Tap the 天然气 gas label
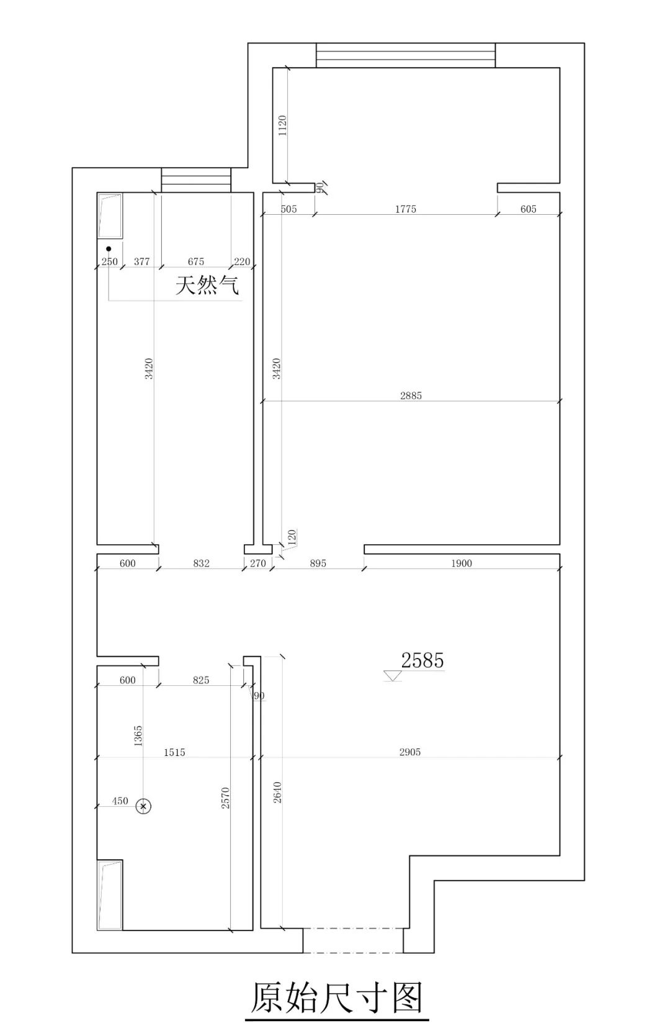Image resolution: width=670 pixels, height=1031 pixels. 208,286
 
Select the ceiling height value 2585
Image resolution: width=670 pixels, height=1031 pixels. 422,660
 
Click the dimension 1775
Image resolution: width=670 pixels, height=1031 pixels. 405,209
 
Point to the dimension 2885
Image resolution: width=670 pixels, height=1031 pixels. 411,395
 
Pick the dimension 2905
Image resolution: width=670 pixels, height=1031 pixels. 410,752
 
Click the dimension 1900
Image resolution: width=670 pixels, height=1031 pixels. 462,563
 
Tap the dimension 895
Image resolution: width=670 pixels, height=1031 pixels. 318,563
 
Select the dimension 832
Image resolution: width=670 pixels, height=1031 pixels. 202,563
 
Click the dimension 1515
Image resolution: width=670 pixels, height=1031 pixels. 174,752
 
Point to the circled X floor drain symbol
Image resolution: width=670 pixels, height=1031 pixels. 143,806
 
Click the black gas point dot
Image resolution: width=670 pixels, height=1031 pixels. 109,248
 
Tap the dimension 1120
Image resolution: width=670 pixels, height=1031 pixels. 282,125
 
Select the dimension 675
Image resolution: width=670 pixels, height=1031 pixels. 196,261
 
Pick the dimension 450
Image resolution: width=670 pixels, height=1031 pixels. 120,801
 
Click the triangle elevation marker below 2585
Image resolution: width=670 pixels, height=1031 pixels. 393,676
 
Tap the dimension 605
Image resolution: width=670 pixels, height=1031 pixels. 529,209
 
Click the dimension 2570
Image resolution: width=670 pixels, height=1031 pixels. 225,798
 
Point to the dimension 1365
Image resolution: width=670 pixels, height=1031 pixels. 138,736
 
